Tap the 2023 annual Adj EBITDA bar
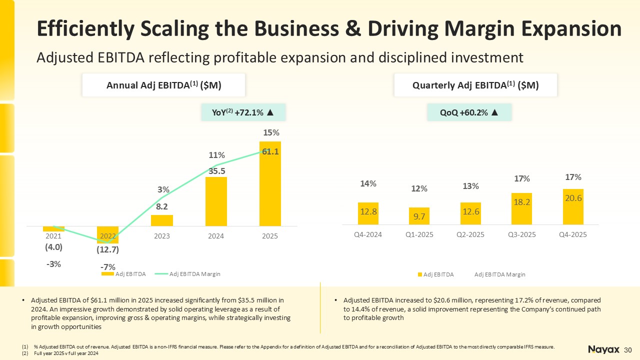[x=162, y=220]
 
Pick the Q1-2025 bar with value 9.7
[x=419, y=216]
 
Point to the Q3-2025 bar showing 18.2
[x=521, y=208]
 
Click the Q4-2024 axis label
[x=367, y=234]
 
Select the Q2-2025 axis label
[x=470, y=234]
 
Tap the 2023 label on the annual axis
[x=162, y=236]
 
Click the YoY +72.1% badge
[x=243, y=112]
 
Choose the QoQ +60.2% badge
[x=469, y=112]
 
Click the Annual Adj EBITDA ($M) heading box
[x=164, y=85]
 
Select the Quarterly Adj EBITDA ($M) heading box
[x=475, y=85]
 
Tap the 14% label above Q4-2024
[x=368, y=184]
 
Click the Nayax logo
[x=604, y=349]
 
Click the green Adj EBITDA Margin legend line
[x=161, y=274]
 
